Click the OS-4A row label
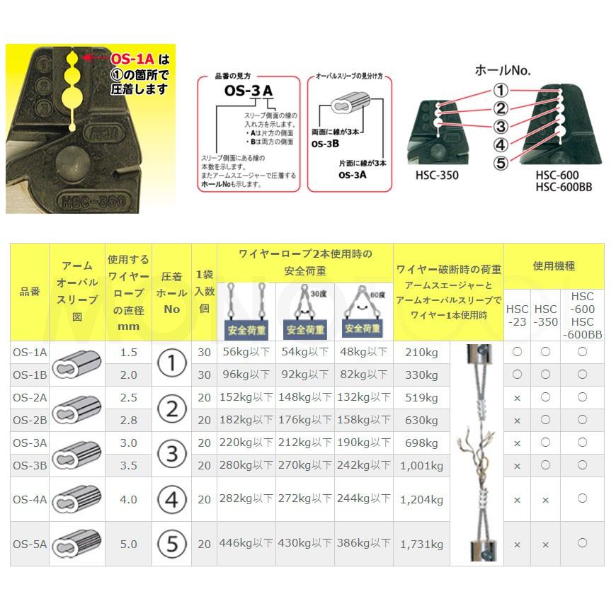click(30, 499)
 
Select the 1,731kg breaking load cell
click(421, 544)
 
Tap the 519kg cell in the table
click(421, 398)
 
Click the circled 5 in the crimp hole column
click(171, 544)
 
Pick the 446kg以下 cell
click(246, 544)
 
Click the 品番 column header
click(30, 292)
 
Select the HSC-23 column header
click(517, 315)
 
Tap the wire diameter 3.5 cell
click(128, 466)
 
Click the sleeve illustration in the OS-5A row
click(76, 544)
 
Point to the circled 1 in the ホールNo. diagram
click(501, 90)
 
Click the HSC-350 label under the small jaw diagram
click(438, 175)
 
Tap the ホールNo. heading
click(502, 70)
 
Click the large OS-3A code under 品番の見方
click(248, 91)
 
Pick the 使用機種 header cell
click(554, 266)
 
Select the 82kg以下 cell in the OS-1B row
click(363, 375)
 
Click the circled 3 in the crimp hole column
click(171, 454)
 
